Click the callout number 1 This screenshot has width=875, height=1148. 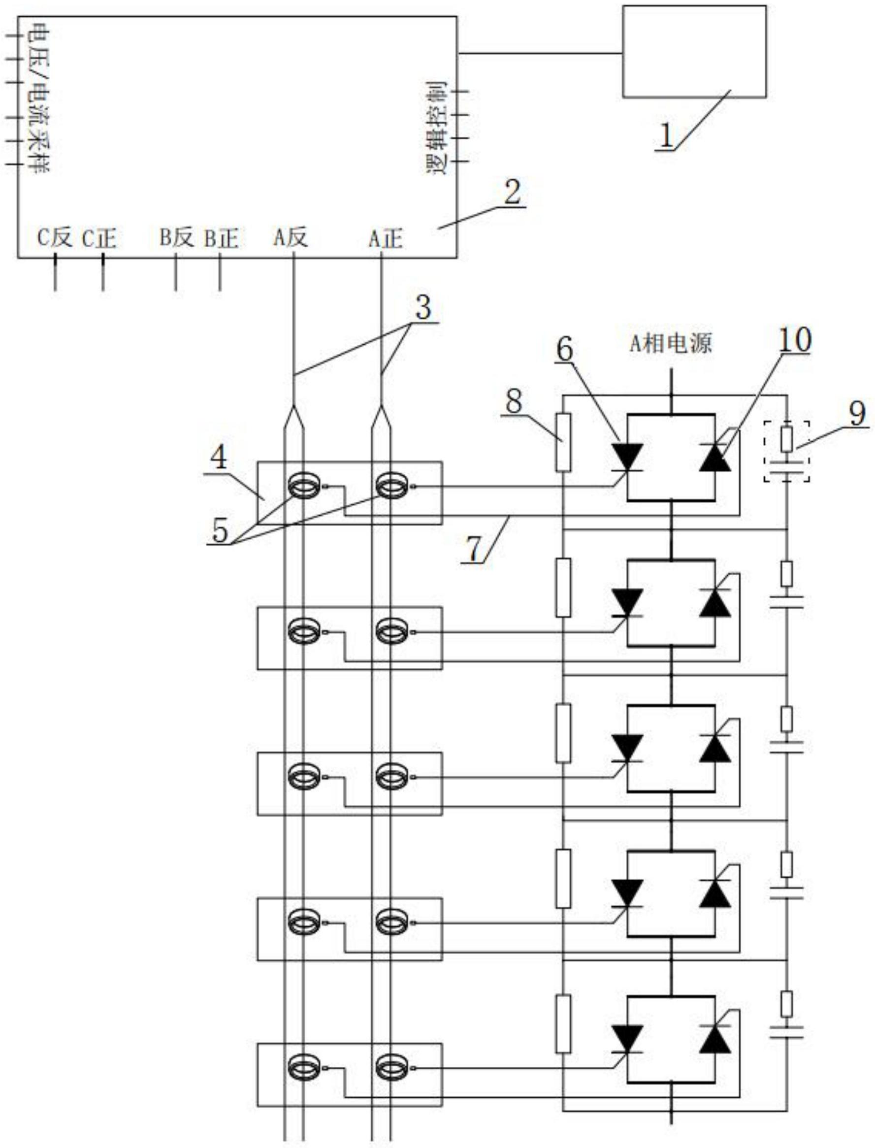[667, 136]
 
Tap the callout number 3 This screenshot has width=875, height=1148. [422, 308]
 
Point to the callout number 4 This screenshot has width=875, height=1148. [219, 459]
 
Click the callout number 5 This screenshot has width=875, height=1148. [220, 531]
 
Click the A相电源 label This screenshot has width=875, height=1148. [671, 344]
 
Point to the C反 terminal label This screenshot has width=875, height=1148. [54, 238]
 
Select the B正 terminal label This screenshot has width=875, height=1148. [222, 238]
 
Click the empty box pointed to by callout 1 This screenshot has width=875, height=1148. [694, 51]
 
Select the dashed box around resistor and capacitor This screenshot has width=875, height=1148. [786, 451]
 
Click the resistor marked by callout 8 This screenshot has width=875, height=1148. [563, 443]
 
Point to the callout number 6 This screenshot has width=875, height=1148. [565, 350]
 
